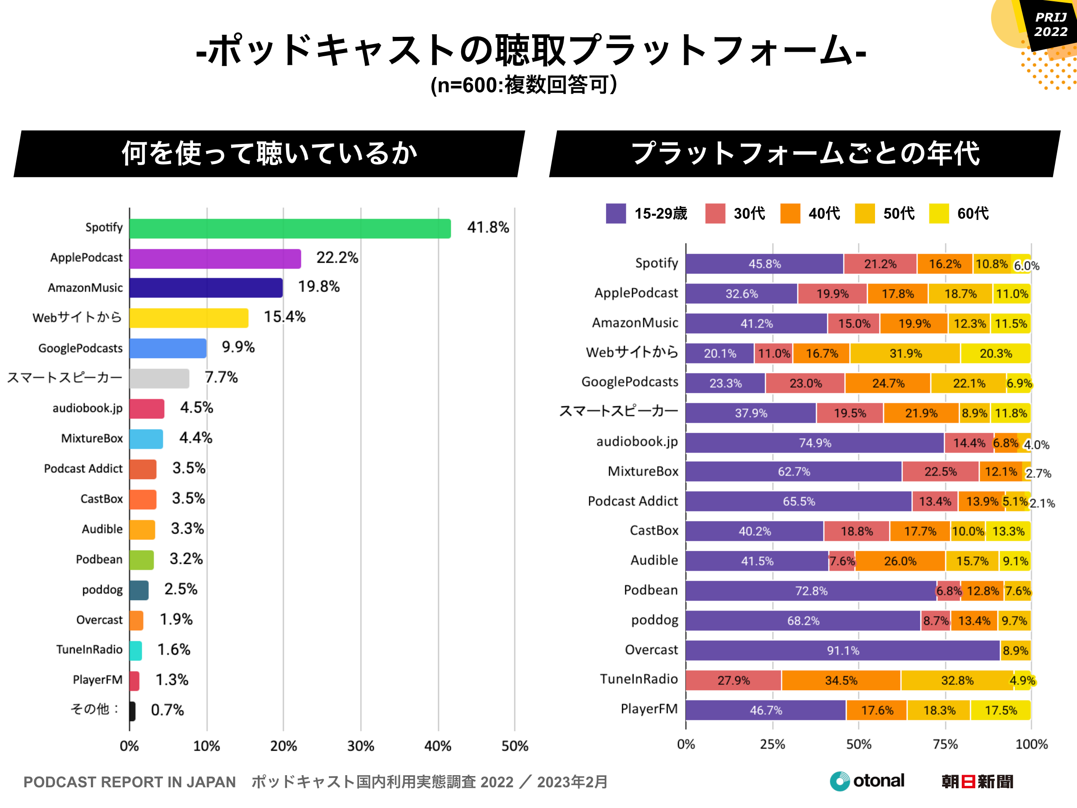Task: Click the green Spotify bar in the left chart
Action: coord(290,229)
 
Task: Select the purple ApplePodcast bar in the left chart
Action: coord(215,259)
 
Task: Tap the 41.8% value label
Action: coord(488,228)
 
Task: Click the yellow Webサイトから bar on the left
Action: coord(189,318)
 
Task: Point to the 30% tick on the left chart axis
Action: coord(360,745)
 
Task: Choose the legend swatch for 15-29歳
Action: coord(615,213)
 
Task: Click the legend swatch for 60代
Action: coord(938,213)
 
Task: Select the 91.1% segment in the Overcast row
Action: coord(842,650)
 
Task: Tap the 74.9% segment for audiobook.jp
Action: coord(815,443)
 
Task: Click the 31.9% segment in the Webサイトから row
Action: coord(905,353)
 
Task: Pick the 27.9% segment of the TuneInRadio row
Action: coord(733,680)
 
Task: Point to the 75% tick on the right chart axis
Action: coord(945,744)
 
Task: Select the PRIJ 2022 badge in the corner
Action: coord(1050,24)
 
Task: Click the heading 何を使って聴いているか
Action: coord(269,153)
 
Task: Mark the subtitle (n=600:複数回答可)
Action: coord(524,85)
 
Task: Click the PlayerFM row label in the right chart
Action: coord(649,709)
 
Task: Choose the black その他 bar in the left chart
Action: coord(132,710)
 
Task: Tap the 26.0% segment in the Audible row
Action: coord(900,561)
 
